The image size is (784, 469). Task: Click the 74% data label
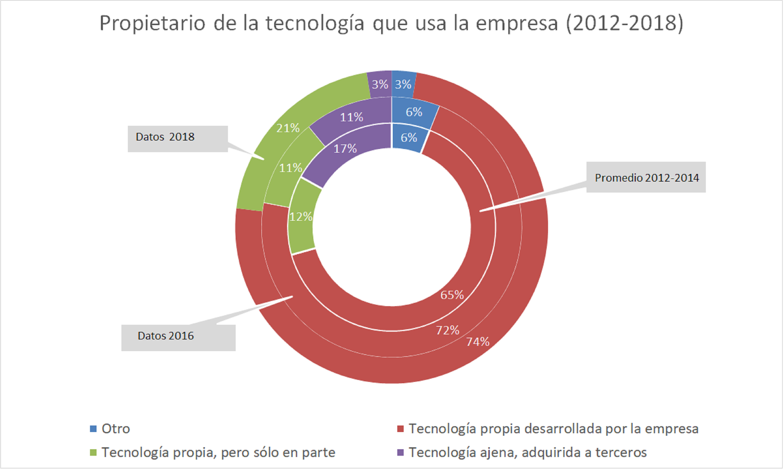pyautogui.click(x=478, y=342)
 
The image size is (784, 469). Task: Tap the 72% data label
pyautogui.click(x=448, y=330)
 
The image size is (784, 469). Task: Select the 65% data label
pyautogui.click(x=452, y=295)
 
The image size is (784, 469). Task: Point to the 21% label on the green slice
pyautogui.click(x=288, y=128)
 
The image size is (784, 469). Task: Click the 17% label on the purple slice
pyautogui.click(x=345, y=149)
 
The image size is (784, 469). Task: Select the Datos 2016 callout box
pyautogui.click(x=178, y=338)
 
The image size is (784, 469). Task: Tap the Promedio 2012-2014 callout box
pyautogui.click(x=646, y=177)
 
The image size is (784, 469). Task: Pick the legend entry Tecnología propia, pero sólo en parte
pyautogui.click(x=218, y=453)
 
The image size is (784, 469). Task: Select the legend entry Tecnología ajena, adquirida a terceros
pyautogui.click(x=527, y=453)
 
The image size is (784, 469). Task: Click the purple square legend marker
pyautogui.click(x=400, y=453)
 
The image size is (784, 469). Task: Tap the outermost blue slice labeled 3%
pyautogui.click(x=403, y=84)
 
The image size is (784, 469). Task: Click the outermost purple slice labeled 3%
pyautogui.click(x=380, y=84)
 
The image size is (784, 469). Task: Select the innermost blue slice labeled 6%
pyautogui.click(x=409, y=138)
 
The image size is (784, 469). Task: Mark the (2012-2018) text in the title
pyautogui.click(x=624, y=23)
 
